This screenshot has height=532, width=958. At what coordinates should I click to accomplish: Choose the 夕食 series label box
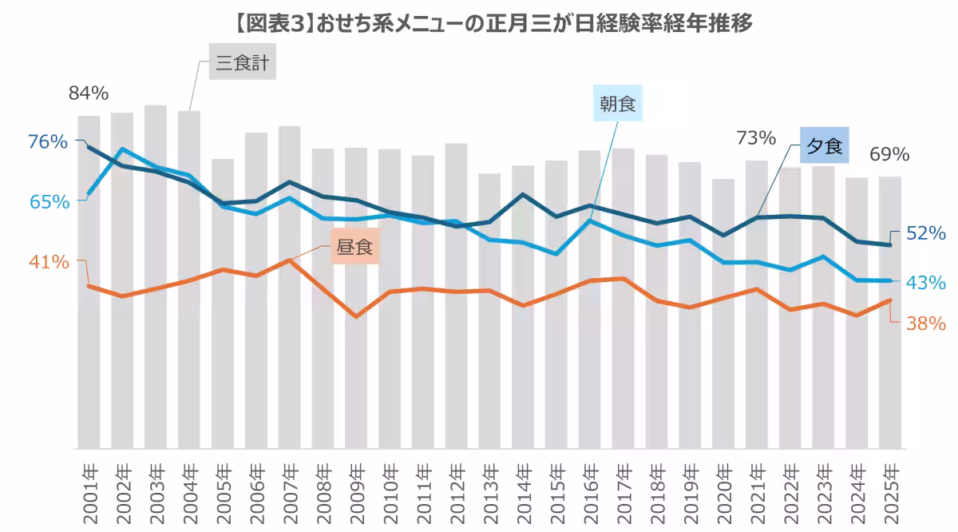[x=825, y=145]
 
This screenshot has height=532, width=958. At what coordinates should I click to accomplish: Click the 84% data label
[x=89, y=93]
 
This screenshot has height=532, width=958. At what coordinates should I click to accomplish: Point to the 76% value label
[x=48, y=142]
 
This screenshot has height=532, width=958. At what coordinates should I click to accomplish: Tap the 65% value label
[x=49, y=202]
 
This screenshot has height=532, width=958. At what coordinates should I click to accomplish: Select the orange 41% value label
[x=49, y=262]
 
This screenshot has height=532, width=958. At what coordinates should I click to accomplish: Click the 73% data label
[x=756, y=138]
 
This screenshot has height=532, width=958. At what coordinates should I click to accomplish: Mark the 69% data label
[x=889, y=154]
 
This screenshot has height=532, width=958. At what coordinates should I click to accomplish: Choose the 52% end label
[x=926, y=233]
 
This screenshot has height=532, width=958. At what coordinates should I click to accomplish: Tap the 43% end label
[x=926, y=283]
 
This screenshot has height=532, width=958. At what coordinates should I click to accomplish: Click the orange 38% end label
[x=926, y=324]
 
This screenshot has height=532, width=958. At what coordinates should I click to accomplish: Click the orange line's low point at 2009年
[x=356, y=317]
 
